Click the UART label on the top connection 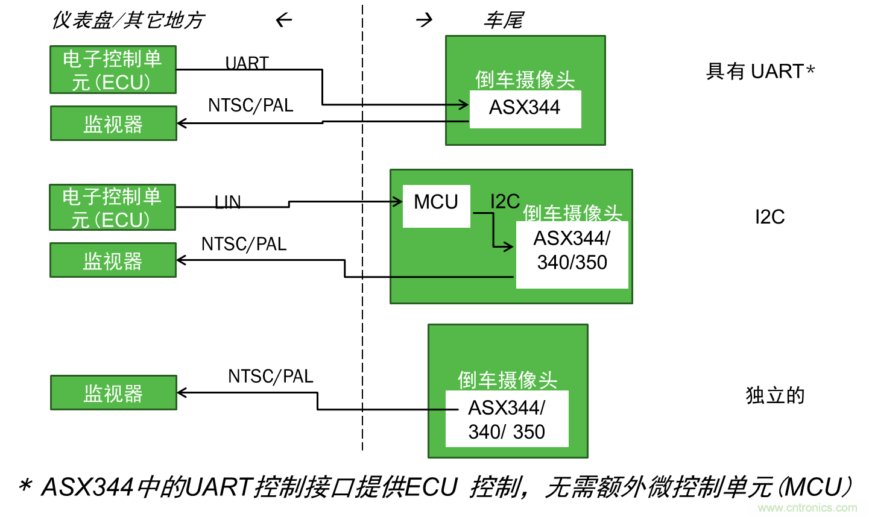coord(247,63)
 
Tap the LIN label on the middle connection coord(227,202)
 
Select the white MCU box coord(436,205)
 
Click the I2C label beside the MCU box coord(505,201)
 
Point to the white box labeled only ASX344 coord(525,108)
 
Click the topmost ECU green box coord(113,70)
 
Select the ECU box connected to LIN coord(112,207)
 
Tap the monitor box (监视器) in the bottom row coord(113,393)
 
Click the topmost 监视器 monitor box coord(113,124)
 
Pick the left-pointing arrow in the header coord(284,20)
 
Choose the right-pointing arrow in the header coord(425,20)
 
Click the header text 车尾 coord(504,20)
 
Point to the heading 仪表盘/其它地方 coord(128,20)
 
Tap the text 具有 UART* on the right coord(760,71)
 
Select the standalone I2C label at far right coord(769,216)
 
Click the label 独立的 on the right coord(775,395)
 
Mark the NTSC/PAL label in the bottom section coord(270,376)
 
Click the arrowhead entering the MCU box coord(397,201)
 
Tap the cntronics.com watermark coord(807,507)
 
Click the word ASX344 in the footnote coord(87,487)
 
